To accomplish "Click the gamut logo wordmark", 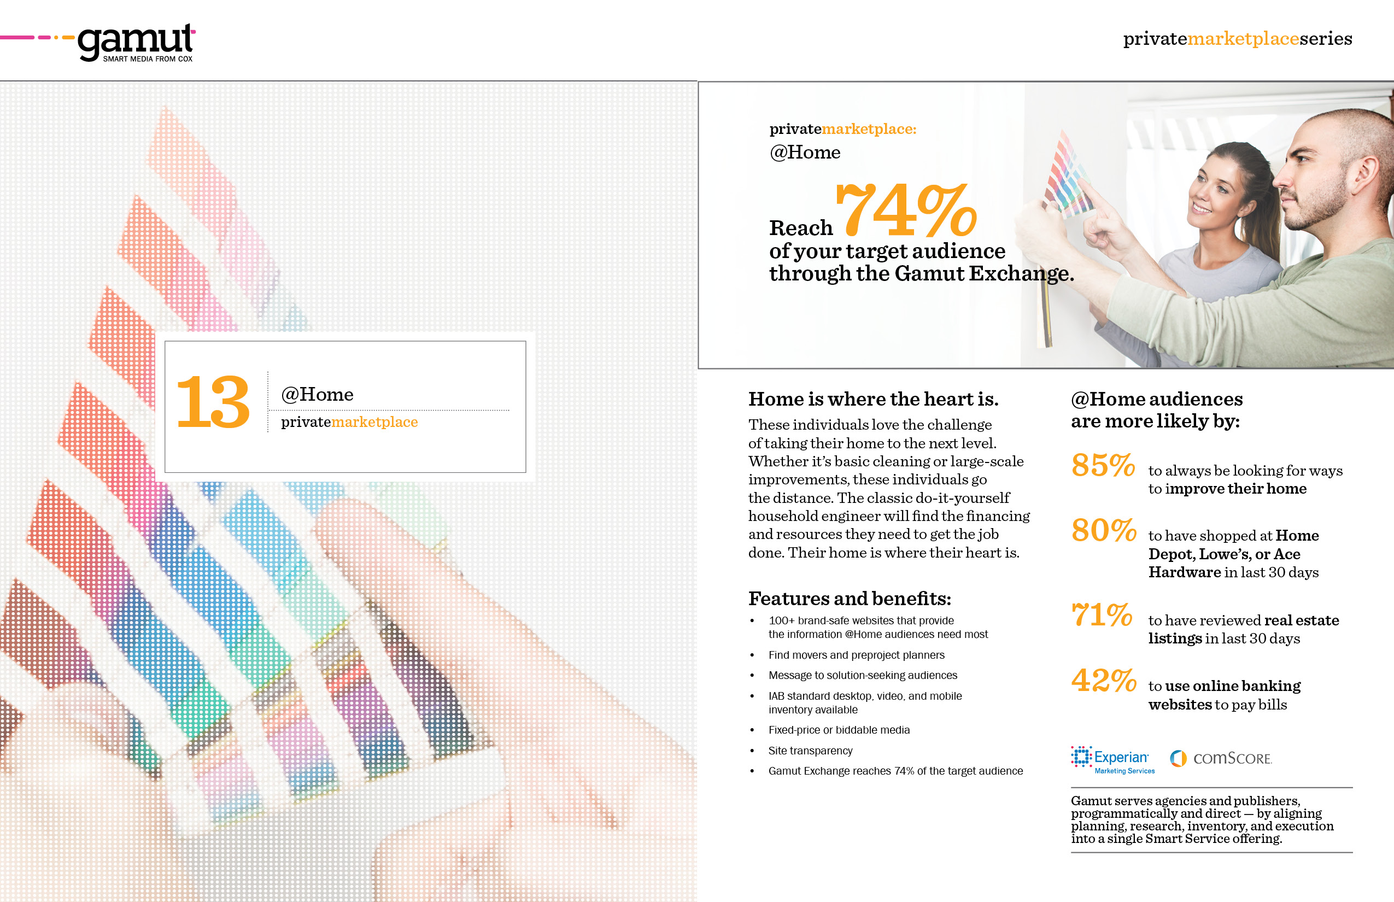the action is tap(136, 42).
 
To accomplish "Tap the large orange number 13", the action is tap(213, 402).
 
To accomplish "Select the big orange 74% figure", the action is tap(907, 208).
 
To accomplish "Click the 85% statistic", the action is tap(1103, 465).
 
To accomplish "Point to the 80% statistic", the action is tap(1104, 530).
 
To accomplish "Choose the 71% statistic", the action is tap(1102, 615).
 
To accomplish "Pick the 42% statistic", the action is tap(1104, 681).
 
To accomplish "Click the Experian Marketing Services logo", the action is tap(1112, 760).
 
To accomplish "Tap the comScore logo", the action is tap(1221, 759).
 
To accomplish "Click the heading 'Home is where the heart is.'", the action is tap(874, 399).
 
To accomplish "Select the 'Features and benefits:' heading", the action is tap(850, 599).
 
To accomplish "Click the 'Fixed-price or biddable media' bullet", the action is tap(839, 730).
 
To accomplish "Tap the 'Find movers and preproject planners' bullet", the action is tap(856, 655).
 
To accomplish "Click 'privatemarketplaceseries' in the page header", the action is tap(1237, 39).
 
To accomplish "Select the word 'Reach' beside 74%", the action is tap(801, 227).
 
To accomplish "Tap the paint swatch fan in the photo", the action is tap(1066, 175).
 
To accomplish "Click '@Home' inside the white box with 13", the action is tap(317, 394).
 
